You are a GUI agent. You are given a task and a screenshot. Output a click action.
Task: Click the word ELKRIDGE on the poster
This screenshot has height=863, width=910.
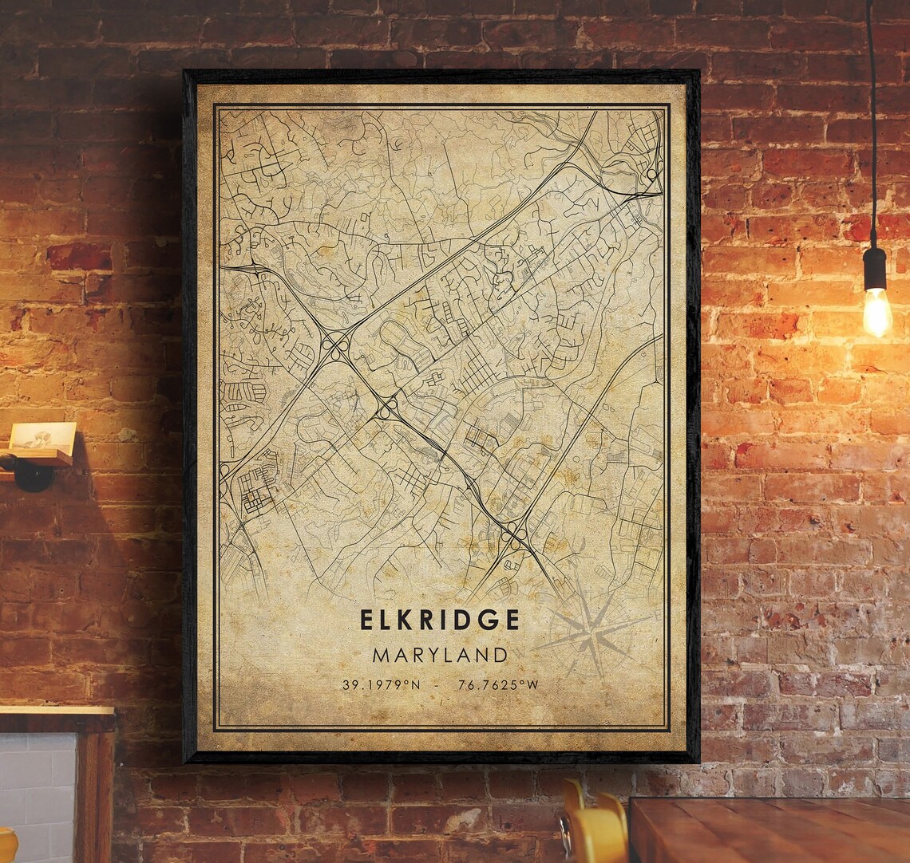(x=440, y=620)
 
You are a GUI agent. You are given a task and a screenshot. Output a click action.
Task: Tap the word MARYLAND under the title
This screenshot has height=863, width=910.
(x=440, y=656)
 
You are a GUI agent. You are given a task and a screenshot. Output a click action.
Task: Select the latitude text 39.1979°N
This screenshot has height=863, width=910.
(x=381, y=684)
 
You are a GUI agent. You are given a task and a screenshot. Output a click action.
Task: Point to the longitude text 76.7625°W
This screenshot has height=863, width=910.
(x=499, y=684)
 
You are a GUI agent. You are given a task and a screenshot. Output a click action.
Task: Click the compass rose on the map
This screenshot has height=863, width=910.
(x=595, y=634)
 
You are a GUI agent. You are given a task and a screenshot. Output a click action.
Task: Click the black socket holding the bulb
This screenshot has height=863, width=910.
(x=875, y=268)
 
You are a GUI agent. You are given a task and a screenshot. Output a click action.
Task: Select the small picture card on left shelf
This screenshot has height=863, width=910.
(x=43, y=439)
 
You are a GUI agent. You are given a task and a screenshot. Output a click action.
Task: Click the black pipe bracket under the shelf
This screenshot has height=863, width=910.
(x=32, y=474)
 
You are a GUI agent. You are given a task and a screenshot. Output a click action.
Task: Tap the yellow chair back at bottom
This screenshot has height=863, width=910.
(x=595, y=830)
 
